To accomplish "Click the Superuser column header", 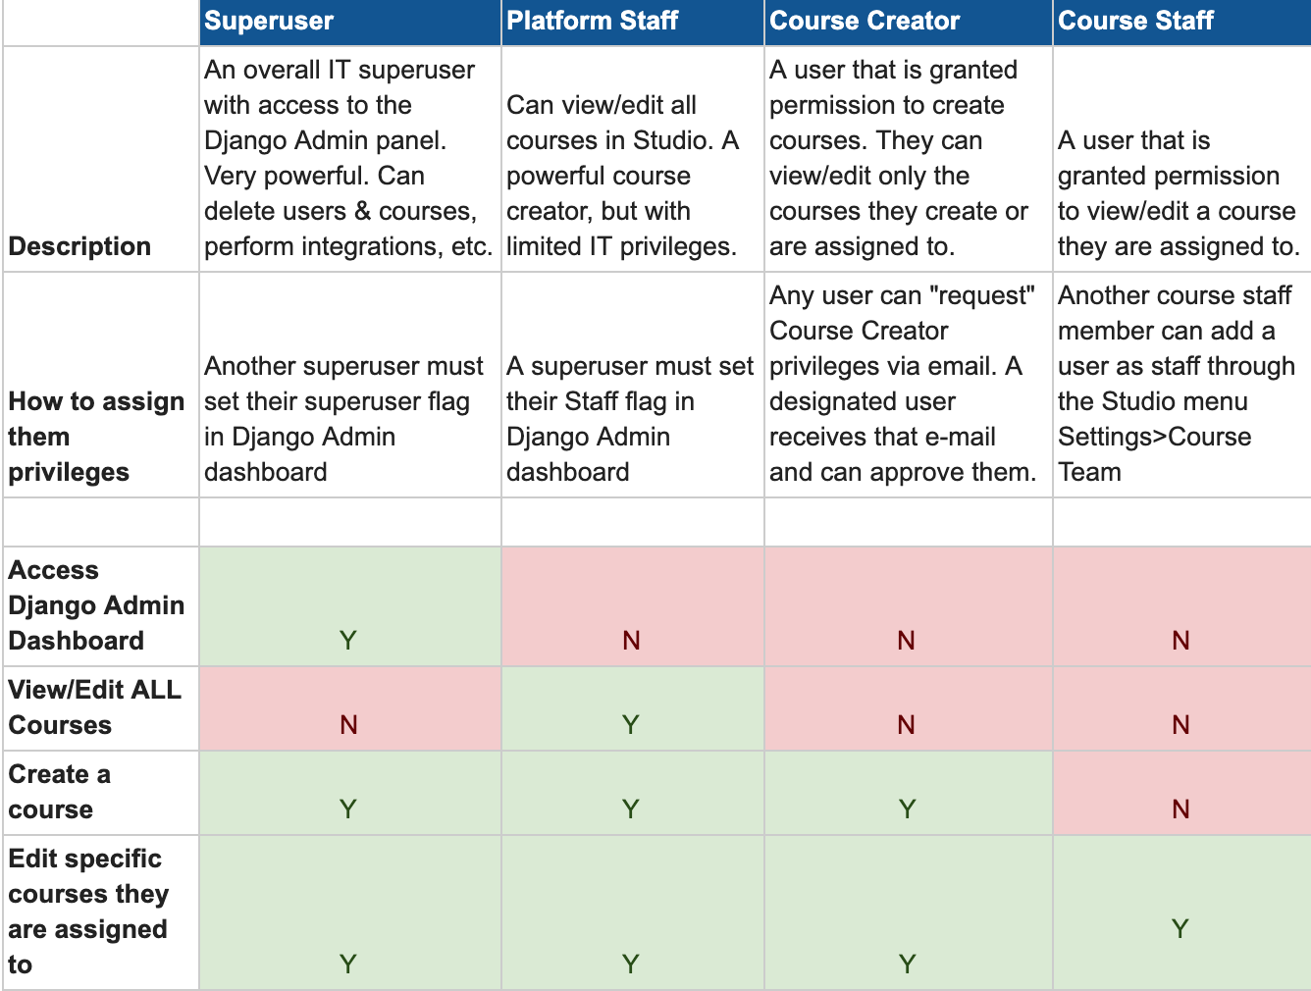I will click(269, 21).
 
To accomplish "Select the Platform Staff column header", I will click(592, 21).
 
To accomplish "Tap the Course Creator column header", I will click(865, 21).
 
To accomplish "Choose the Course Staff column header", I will click(1135, 21).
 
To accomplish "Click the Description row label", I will click(79, 246).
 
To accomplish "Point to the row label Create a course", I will click(59, 792).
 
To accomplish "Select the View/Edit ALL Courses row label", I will click(94, 707).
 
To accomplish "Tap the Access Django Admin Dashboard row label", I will click(96, 605).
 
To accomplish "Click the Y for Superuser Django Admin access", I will click(347, 641).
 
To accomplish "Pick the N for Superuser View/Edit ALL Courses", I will click(348, 725).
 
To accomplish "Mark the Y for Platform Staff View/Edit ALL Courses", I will click(630, 725).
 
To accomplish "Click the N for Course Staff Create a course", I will click(1180, 809).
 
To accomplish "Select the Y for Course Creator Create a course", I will click(907, 809).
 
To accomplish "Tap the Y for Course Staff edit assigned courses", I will click(1180, 929).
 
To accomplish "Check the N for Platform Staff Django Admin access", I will click(631, 641).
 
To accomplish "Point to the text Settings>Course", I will click(1154, 437).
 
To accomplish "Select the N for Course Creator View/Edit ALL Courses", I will click(906, 725).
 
